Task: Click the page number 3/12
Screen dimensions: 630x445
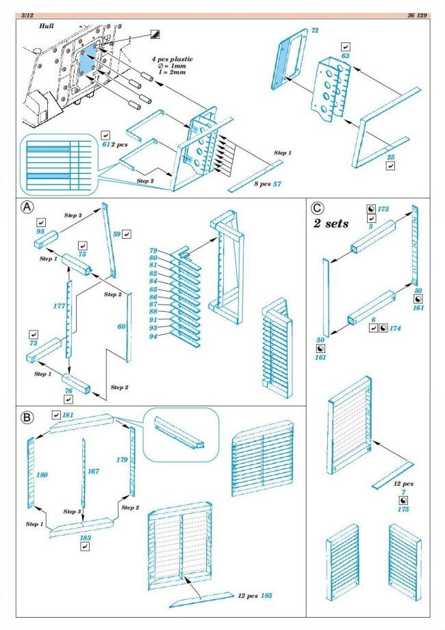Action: [29, 14]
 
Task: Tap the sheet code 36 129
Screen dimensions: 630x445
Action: [419, 14]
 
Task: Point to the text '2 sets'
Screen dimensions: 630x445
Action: [331, 224]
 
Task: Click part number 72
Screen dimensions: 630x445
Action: [315, 31]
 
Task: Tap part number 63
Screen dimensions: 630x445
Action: [345, 56]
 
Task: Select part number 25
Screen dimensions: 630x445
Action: [391, 157]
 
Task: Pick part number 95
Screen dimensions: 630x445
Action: [40, 233]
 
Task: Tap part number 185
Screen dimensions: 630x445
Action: [266, 596]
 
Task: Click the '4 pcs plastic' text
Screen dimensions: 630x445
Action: [172, 60]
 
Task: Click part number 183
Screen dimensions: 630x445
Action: [86, 538]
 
